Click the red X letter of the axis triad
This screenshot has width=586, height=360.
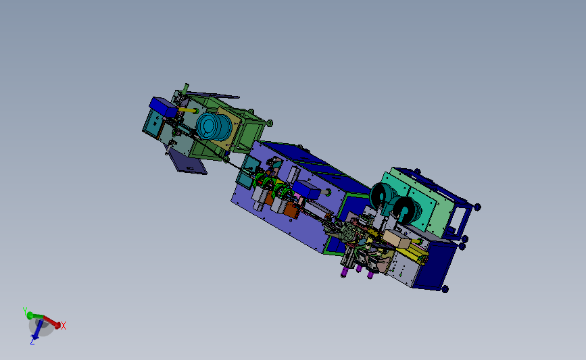tap(64, 326)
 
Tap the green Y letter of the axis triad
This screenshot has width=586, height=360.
tap(25, 311)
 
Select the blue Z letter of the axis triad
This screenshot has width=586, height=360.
tap(32, 342)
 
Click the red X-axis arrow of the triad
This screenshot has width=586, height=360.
tap(53, 321)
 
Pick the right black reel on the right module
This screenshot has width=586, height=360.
tap(407, 209)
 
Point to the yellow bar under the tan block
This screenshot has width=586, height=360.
tap(414, 256)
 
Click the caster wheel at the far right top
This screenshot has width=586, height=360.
tap(477, 207)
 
